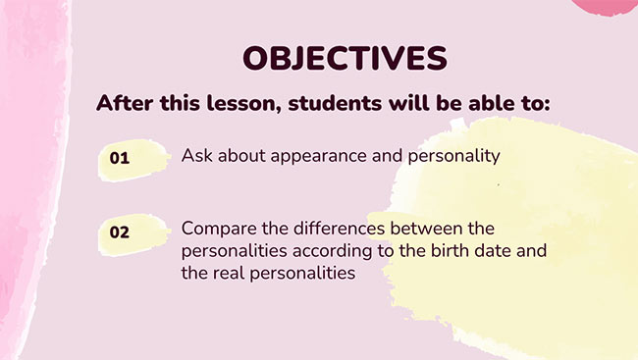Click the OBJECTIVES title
[344, 57]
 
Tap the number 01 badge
[120, 158]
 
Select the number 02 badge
[120, 232]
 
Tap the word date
[500, 251]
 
